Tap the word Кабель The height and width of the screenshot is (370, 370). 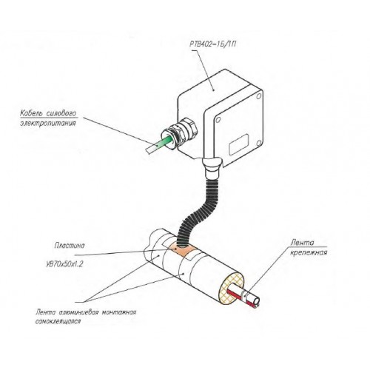click(x=31, y=113)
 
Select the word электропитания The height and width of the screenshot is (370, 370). click(x=48, y=123)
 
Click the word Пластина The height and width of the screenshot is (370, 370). click(x=70, y=246)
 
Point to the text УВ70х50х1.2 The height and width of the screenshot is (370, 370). click(x=64, y=264)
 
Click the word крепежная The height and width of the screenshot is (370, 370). click(x=309, y=253)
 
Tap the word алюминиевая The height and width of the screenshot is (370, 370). click(x=78, y=312)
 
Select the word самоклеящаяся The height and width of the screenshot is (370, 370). click(x=58, y=322)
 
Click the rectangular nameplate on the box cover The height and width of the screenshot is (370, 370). click(x=239, y=144)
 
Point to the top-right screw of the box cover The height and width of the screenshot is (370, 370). click(x=258, y=96)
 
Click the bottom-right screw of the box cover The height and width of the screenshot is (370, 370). click(x=258, y=143)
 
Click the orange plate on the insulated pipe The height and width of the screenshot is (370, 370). click(x=181, y=250)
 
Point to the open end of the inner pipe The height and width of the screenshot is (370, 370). click(x=257, y=301)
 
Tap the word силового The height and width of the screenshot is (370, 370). click(x=61, y=113)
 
